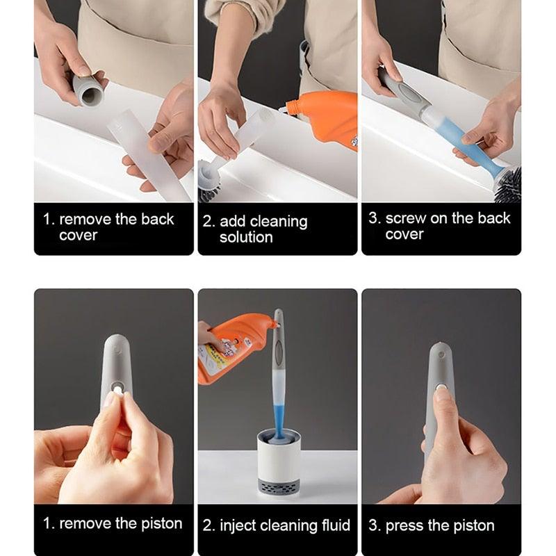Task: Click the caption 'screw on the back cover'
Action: click(x=439, y=226)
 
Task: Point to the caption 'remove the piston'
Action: click(x=113, y=523)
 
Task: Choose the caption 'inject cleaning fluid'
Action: click(x=277, y=525)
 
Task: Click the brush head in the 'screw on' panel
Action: click(x=507, y=184)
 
